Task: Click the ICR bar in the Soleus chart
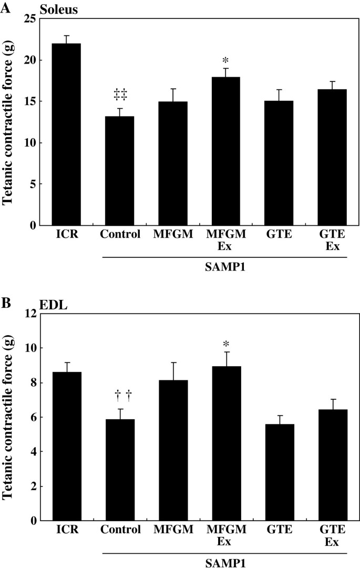[x=67, y=134]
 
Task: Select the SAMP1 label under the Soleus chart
[x=225, y=266]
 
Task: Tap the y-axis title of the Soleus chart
[x=9, y=121]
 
